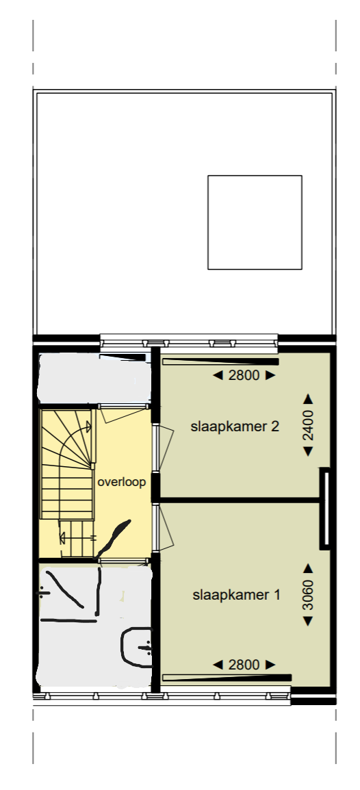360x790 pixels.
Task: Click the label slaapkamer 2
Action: [235, 426]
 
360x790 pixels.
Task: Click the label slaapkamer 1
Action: [236, 594]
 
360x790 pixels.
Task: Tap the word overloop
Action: [122, 482]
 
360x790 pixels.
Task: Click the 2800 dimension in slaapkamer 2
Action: [244, 375]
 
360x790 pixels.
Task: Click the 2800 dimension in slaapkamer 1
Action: [244, 664]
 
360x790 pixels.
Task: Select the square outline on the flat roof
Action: [255, 222]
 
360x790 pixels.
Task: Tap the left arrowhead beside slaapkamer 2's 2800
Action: [218, 375]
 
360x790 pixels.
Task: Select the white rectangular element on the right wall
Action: [326, 508]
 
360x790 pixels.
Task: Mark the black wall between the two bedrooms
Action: [240, 500]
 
